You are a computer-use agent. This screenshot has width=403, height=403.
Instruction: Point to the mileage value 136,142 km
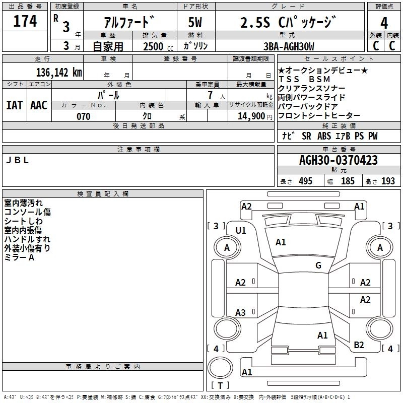(x=59, y=72)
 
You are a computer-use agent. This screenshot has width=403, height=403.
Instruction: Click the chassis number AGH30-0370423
(x=338, y=160)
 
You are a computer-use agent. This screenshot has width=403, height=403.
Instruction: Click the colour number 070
(x=83, y=116)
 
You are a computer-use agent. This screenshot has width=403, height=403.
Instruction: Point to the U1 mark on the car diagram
(x=241, y=231)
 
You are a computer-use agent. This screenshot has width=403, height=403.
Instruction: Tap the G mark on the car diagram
(x=318, y=265)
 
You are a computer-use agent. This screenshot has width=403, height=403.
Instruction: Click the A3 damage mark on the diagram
(x=241, y=312)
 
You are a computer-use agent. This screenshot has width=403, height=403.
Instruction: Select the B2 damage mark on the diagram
(x=359, y=345)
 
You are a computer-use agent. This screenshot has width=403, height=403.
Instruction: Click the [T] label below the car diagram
(x=220, y=386)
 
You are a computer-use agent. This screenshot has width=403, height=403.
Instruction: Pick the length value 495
(x=305, y=181)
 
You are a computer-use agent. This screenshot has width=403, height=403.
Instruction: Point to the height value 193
(x=388, y=181)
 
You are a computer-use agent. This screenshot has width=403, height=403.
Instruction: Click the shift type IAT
(x=15, y=105)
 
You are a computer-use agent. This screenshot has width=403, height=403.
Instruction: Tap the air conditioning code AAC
(x=39, y=105)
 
